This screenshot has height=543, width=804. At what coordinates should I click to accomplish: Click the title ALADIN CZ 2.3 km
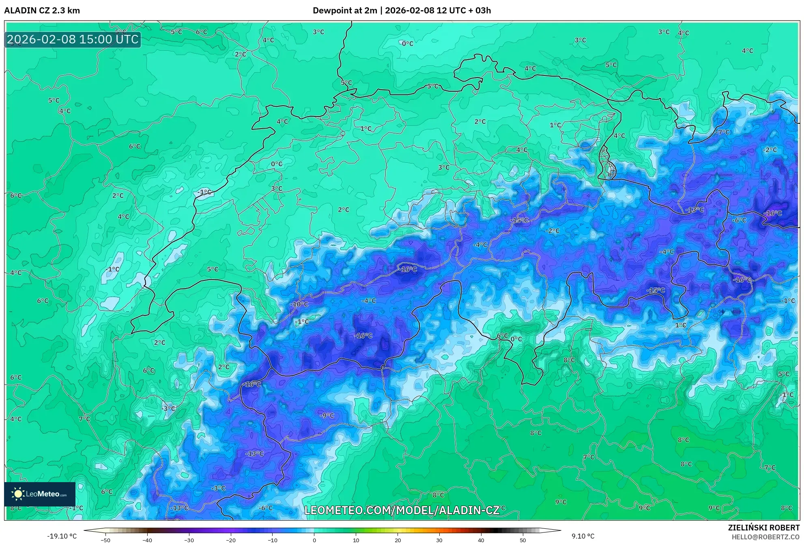click(42, 11)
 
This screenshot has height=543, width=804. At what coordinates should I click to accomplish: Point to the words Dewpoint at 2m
click(345, 11)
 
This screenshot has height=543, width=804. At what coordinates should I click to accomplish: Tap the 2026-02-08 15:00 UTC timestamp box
click(73, 39)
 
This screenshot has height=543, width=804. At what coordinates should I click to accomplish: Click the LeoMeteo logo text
click(46, 494)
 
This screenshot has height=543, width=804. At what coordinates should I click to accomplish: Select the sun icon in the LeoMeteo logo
click(18, 493)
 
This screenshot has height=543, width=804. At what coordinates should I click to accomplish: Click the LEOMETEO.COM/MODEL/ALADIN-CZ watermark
click(402, 510)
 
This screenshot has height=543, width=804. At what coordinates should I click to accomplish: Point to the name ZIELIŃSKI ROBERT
click(764, 528)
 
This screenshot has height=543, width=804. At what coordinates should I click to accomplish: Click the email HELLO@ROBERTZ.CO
click(765, 537)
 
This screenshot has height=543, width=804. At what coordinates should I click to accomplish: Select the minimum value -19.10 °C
click(62, 536)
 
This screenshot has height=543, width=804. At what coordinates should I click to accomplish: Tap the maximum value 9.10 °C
click(583, 536)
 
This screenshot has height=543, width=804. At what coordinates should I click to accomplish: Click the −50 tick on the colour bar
click(105, 540)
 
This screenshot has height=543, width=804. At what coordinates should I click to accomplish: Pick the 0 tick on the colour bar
click(314, 540)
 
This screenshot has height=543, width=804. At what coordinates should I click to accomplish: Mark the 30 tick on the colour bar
click(439, 540)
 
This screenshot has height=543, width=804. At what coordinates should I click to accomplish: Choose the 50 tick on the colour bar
click(523, 540)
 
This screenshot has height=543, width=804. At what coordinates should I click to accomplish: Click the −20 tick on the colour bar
click(230, 540)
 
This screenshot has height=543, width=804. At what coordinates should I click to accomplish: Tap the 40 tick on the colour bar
click(481, 540)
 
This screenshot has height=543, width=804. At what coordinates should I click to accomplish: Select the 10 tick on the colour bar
click(356, 540)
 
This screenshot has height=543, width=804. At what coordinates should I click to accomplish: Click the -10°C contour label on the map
click(299, 304)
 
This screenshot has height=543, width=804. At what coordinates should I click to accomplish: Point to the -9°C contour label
click(327, 416)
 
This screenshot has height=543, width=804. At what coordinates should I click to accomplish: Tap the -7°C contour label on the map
click(722, 132)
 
